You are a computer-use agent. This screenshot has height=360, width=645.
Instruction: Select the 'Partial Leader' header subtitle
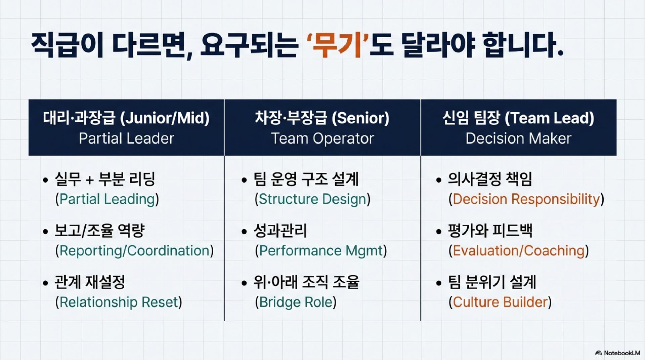(126, 138)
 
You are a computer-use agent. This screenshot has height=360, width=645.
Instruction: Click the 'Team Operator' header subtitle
(322, 138)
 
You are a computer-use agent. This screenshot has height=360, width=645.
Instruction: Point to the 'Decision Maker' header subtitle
(518, 138)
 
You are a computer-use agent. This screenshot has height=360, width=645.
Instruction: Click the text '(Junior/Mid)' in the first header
(165, 118)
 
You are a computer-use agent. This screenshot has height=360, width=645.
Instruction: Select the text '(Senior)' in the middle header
(360, 118)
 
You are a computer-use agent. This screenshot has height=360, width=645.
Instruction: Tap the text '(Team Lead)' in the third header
(549, 118)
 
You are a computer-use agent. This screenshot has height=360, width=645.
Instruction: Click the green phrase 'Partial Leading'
(107, 199)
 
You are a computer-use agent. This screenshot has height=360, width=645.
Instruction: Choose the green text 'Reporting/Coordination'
(134, 251)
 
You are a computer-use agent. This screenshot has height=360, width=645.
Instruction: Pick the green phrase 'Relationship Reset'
(119, 302)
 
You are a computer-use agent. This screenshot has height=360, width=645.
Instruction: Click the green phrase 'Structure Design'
(312, 199)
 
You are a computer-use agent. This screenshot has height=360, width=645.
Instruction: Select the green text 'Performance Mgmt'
(321, 251)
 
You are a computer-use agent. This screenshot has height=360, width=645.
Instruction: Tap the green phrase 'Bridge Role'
(296, 302)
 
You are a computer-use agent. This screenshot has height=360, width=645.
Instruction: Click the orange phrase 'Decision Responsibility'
(526, 199)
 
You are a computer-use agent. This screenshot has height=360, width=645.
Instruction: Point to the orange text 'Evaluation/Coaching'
(519, 251)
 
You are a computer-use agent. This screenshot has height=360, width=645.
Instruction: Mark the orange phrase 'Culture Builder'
(500, 302)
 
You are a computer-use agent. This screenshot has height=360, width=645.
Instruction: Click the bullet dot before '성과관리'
(244, 232)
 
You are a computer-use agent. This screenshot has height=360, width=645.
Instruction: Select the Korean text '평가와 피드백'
(490, 231)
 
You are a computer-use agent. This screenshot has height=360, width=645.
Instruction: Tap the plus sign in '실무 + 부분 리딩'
(90, 180)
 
